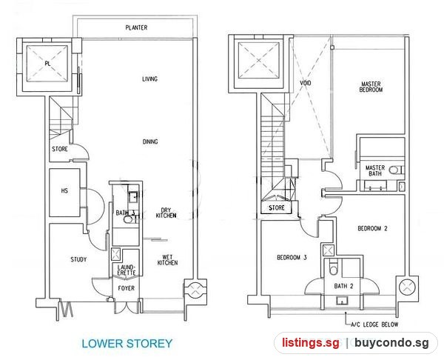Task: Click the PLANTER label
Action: tap(136, 27)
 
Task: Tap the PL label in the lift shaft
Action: tap(47, 64)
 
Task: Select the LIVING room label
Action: tap(149, 79)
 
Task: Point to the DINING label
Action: tap(150, 141)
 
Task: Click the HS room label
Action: tap(64, 190)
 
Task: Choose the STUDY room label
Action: tap(78, 259)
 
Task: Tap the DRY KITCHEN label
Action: tap(166, 213)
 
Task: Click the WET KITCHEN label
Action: tap(167, 260)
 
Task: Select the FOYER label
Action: tap(127, 288)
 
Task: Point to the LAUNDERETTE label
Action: tap(127, 270)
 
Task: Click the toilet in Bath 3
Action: tap(129, 219)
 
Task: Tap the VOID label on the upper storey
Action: tap(305, 83)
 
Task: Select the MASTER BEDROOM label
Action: tap(371, 87)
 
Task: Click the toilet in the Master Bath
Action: tap(395, 170)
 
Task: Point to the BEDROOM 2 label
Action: tap(372, 228)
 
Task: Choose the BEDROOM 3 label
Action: tap(292, 257)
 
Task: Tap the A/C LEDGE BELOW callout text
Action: tap(374, 324)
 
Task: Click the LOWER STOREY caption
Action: tap(127, 344)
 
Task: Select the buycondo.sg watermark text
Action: tap(391, 343)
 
